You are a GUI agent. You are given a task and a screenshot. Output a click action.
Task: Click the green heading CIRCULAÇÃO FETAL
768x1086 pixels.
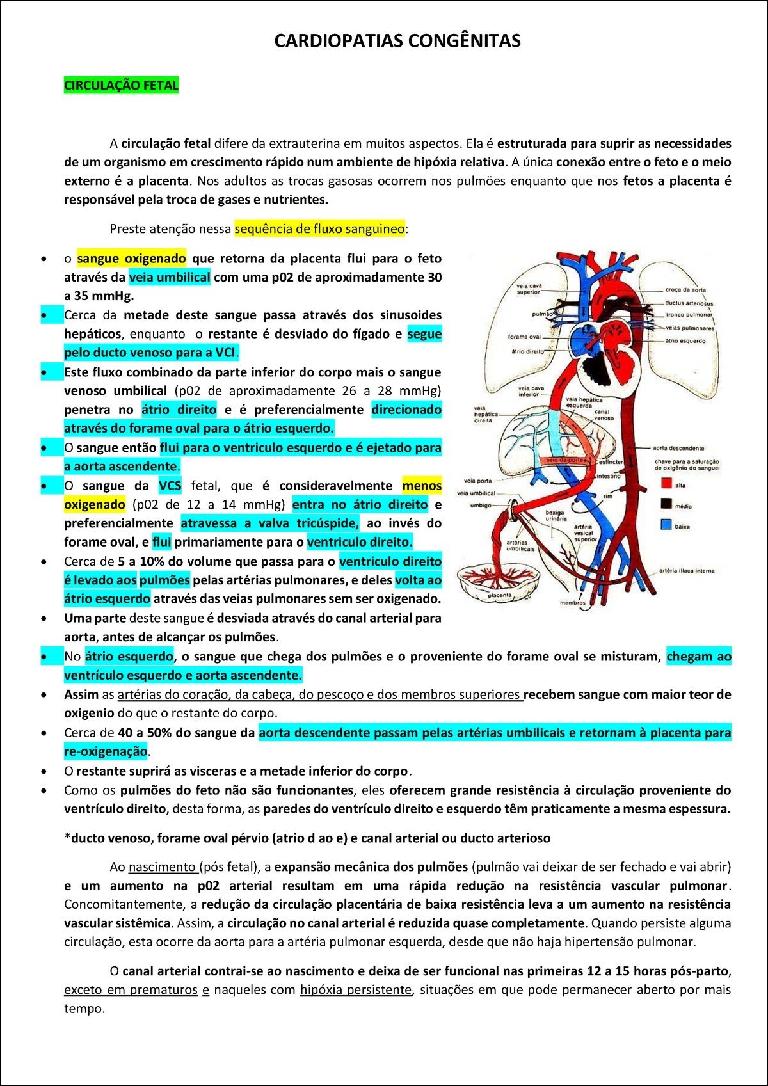pyautogui.click(x=121, y=86)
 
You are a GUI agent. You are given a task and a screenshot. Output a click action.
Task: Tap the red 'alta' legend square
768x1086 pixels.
pyautogui.click(x=666, y=484)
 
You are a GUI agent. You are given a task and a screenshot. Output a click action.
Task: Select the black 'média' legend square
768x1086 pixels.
pyautogui.click(x=666, y=504)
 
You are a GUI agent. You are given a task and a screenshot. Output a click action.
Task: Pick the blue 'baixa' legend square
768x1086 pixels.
pyautogui.click(x=666, y=525)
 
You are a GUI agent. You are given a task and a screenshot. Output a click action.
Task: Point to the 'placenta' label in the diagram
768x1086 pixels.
pyautogui.click(x=500, y=595)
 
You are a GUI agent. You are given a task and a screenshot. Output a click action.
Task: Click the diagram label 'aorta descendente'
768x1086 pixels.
pyautogui.click(x=678, y=448)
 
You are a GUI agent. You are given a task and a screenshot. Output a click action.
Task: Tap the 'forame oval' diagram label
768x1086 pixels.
pyautogui.click(x=524, y=337)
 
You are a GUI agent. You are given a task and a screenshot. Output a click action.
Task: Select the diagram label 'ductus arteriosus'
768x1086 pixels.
pyautogui.click(x=689, y=303)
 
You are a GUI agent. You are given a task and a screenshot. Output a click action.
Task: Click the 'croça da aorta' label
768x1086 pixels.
pyautogui.click(x=685, y=290)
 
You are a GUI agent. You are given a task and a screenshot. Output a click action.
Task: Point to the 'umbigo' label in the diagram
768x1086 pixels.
pyautogui.click(x=481, y=505)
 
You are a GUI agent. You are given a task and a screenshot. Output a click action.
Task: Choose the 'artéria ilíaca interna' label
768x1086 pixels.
pyautogui.click(x=687, y=571)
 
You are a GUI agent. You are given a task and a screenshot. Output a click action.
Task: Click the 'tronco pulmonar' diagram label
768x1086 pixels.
pyautogui.click(x=689, y=315)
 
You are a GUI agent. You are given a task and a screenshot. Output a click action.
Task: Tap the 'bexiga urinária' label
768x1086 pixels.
pyautogui.click(x=556, y=515)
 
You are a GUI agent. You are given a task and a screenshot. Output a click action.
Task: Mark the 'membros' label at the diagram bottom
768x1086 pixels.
pyautogui.click(x=573, y=603)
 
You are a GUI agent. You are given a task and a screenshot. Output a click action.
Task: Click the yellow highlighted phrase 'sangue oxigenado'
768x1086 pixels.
pyautogui.click(x=131, y=259)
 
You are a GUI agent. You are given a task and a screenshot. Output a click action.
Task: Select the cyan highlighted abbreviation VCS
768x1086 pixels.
pyautogui.click(x=170, y=486)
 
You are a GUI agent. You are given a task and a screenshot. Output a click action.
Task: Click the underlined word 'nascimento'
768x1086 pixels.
pyautogui.click(x=163, y=867)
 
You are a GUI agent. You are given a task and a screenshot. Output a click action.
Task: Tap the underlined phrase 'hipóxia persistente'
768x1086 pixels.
pyautogui.click(x=355, y=990)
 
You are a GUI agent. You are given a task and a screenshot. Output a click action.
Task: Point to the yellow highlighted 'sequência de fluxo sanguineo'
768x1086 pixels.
pyautogui.click(x=319, y=229)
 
